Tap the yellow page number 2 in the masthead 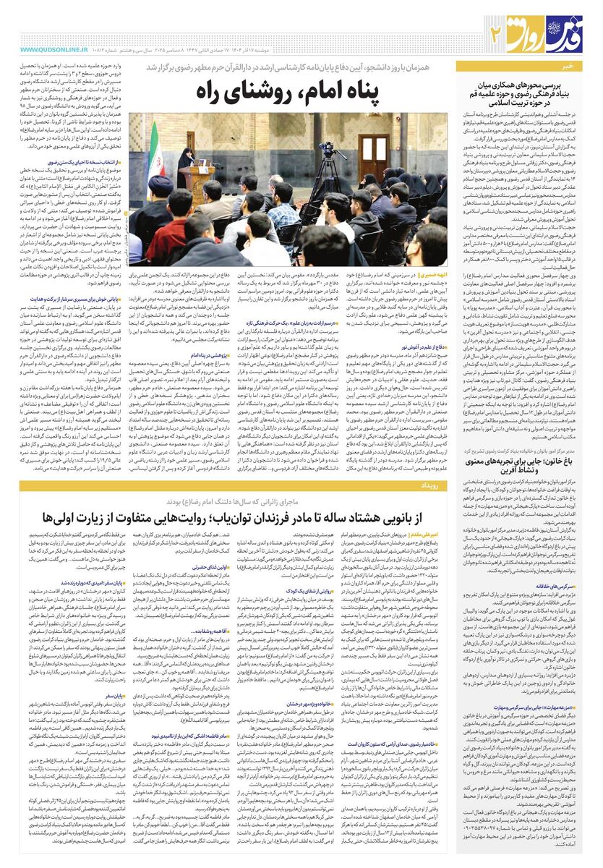[496, 32]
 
